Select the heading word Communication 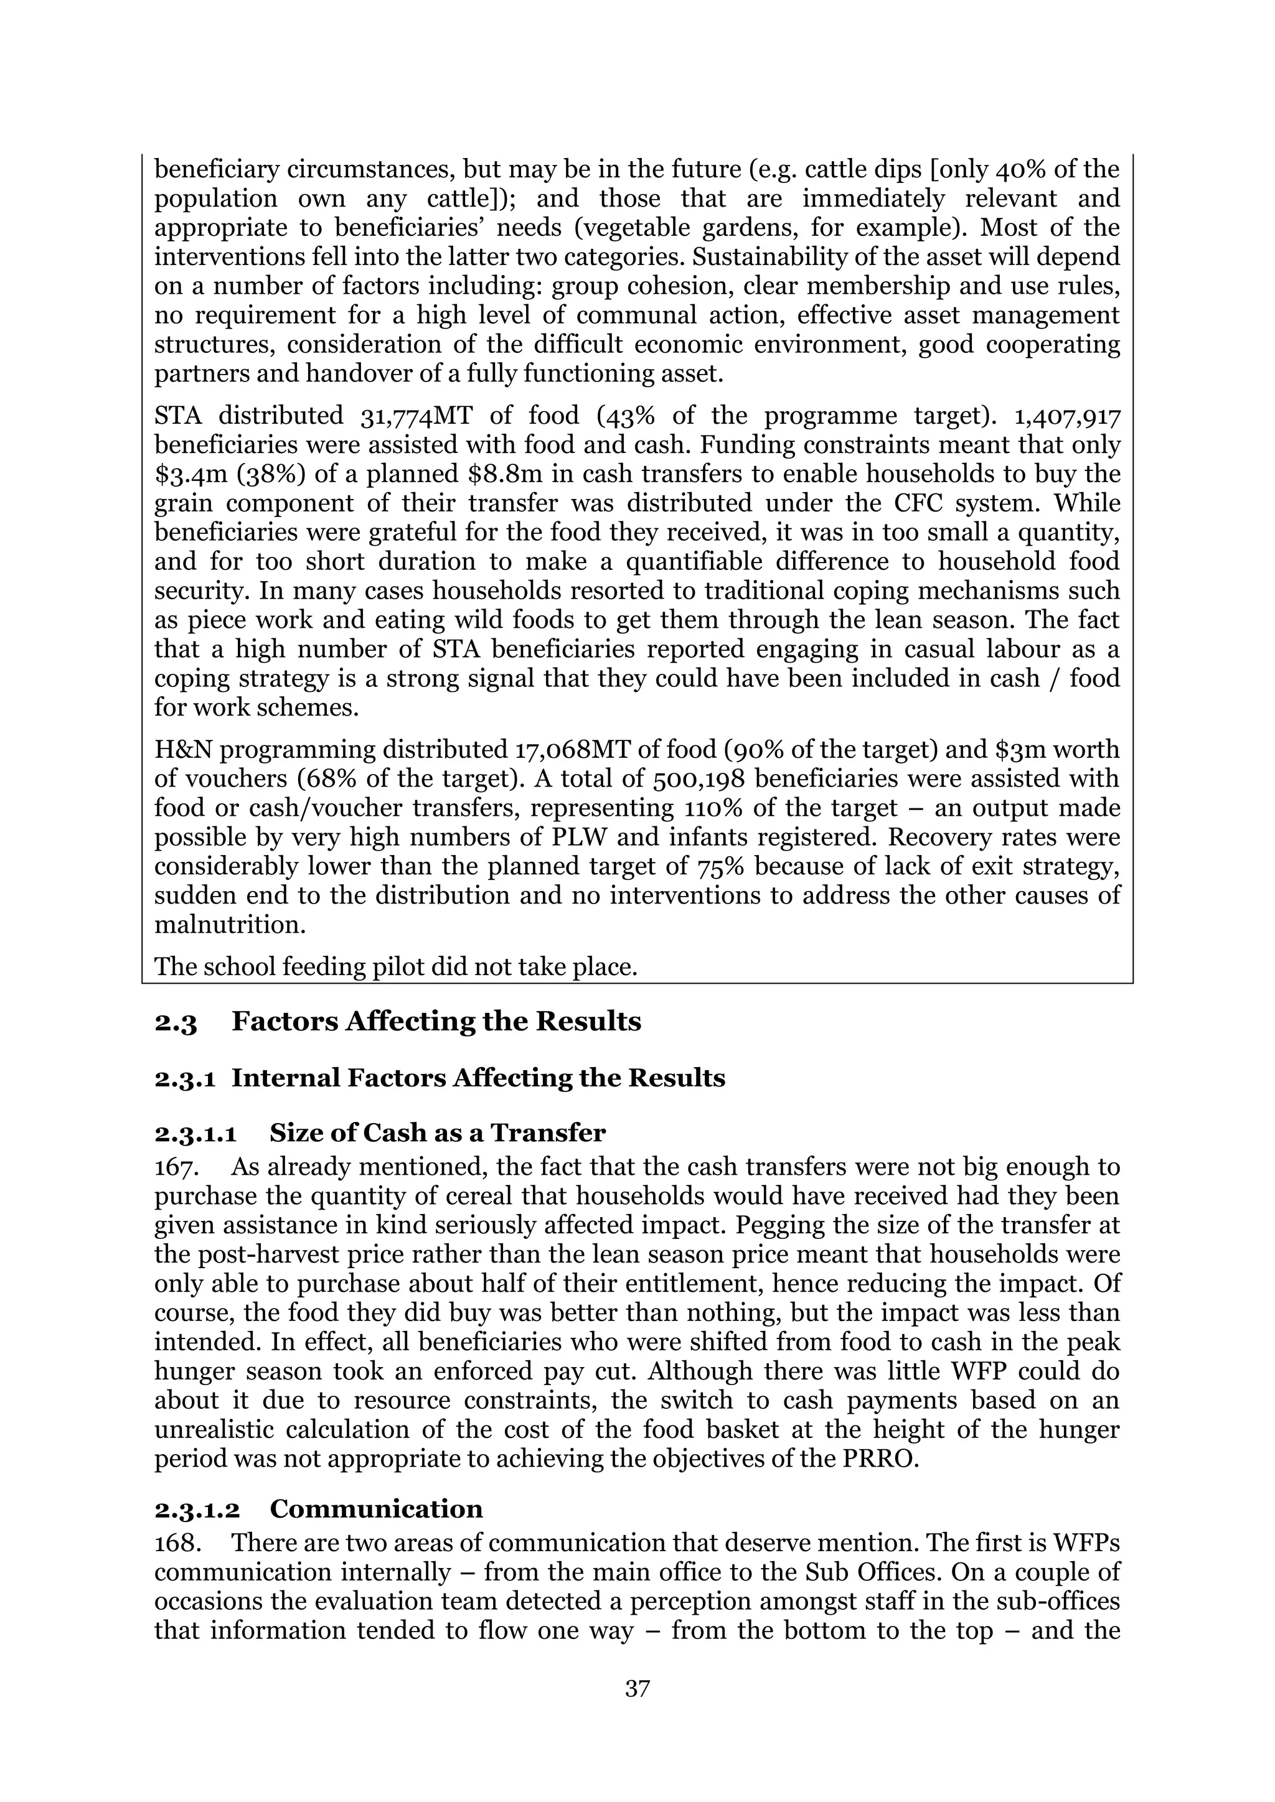(376, 1508)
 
